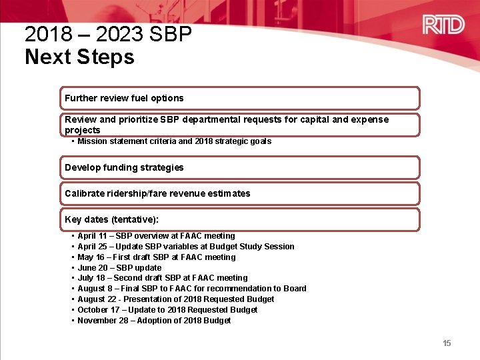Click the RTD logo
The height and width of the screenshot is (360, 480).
[x=443, y=25]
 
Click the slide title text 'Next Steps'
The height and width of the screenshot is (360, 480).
[x=79, y=57]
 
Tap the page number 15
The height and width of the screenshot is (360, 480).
[x=447, y=343]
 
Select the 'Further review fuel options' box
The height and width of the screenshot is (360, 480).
[x=240, y=98]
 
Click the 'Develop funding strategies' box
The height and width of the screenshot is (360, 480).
[x=240, y=167]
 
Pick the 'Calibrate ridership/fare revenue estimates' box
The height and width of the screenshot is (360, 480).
[x=240, y=193]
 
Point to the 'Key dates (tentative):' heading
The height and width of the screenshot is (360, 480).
[x=111, y=219]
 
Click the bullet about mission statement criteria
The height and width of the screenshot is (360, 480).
[x=174, y=141]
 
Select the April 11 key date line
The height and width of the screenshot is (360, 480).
[x=156, y=236]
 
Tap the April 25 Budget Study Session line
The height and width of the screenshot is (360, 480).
[x=185, y=247]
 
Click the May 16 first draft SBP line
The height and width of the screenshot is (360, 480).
[x=156, y=257]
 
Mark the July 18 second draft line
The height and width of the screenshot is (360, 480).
[x=162, y=278]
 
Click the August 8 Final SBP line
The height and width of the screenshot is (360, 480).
[x=191, y=289]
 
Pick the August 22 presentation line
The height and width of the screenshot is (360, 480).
[x=175, y=299]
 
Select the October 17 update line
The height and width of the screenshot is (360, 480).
[x=167, y=310]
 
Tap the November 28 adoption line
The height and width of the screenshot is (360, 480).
[x=153, y=321]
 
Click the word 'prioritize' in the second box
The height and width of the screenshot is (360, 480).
[x=138, y=120]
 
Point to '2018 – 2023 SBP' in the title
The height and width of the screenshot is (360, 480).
[x=108, y=34]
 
